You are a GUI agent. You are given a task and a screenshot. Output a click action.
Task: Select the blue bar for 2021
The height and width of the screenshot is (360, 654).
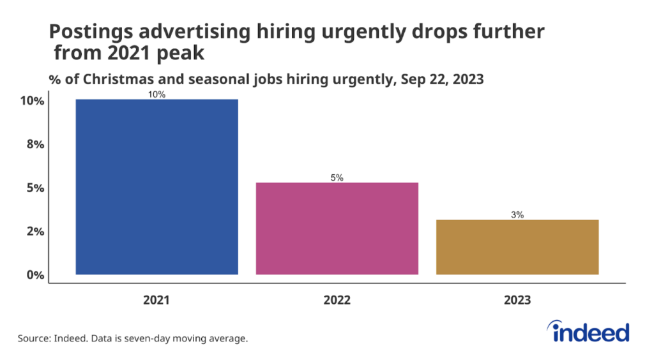click(156, 186)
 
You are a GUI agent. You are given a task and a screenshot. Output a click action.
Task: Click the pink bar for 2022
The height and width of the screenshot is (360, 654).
click(337, 229)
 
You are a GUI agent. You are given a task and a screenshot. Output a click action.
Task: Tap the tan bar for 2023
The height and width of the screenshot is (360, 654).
click(517, 247)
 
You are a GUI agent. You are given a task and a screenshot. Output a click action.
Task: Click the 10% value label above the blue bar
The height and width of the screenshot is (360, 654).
click(157, 94)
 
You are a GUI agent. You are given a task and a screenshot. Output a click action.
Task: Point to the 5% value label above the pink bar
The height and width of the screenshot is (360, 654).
click(337, 178)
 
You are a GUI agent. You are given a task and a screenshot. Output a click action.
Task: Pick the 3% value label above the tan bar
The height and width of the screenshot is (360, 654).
click(517, 215)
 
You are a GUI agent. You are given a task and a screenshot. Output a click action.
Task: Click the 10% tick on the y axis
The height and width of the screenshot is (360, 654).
click(31, 101)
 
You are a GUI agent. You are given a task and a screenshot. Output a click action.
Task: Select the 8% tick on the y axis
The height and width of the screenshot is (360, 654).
click(34, 144)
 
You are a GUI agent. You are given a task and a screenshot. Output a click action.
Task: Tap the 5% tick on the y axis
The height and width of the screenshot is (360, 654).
click(34, 188)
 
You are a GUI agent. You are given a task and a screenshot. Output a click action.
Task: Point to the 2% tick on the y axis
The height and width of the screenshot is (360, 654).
click(34, 232)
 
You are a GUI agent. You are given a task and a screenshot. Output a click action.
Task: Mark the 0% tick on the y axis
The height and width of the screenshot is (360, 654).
click(34, 275)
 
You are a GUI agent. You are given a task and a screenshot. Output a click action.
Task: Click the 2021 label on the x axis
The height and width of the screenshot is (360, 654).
click(156, 299)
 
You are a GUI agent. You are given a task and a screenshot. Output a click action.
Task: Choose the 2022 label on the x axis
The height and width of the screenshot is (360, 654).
click(337, 299)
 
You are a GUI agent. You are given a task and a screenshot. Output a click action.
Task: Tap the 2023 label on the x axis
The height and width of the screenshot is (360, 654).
click(517, 299)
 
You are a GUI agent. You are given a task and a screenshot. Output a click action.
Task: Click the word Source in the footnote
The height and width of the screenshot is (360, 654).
click(35, 338)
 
